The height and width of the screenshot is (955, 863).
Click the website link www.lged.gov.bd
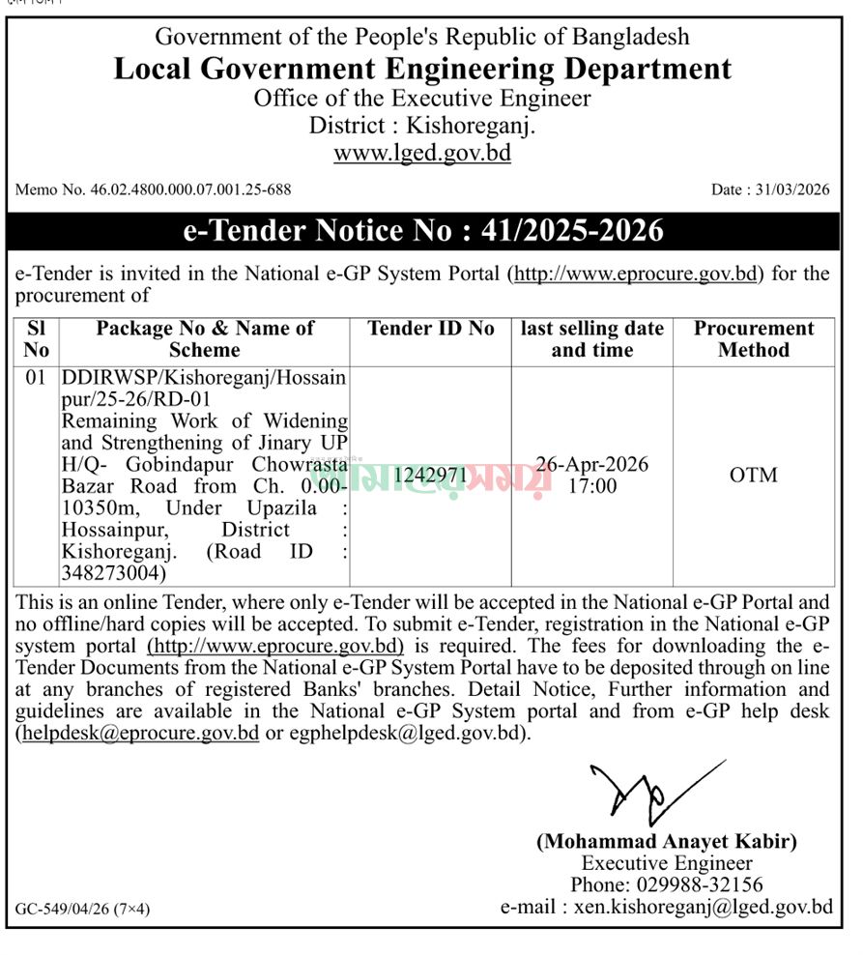pos(422,153)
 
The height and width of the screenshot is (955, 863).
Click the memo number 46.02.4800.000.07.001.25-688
pos(153,189)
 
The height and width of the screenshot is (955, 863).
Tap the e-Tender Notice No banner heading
pos(423,231)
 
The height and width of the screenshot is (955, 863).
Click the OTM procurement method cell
pos(754,475)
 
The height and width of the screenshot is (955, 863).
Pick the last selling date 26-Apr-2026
pos(592,464)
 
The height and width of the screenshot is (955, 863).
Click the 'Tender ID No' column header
pos(430,329)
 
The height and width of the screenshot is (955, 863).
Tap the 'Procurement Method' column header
pos(754,339)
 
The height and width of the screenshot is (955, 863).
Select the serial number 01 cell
pos(36,378)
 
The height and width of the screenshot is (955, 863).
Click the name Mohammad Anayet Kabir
pos(667,842)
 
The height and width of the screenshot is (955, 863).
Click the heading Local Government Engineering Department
pos(422,69)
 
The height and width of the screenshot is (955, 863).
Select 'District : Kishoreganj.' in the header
pos(422,125)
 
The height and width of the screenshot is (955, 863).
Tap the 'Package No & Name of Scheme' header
pos(204,339)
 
